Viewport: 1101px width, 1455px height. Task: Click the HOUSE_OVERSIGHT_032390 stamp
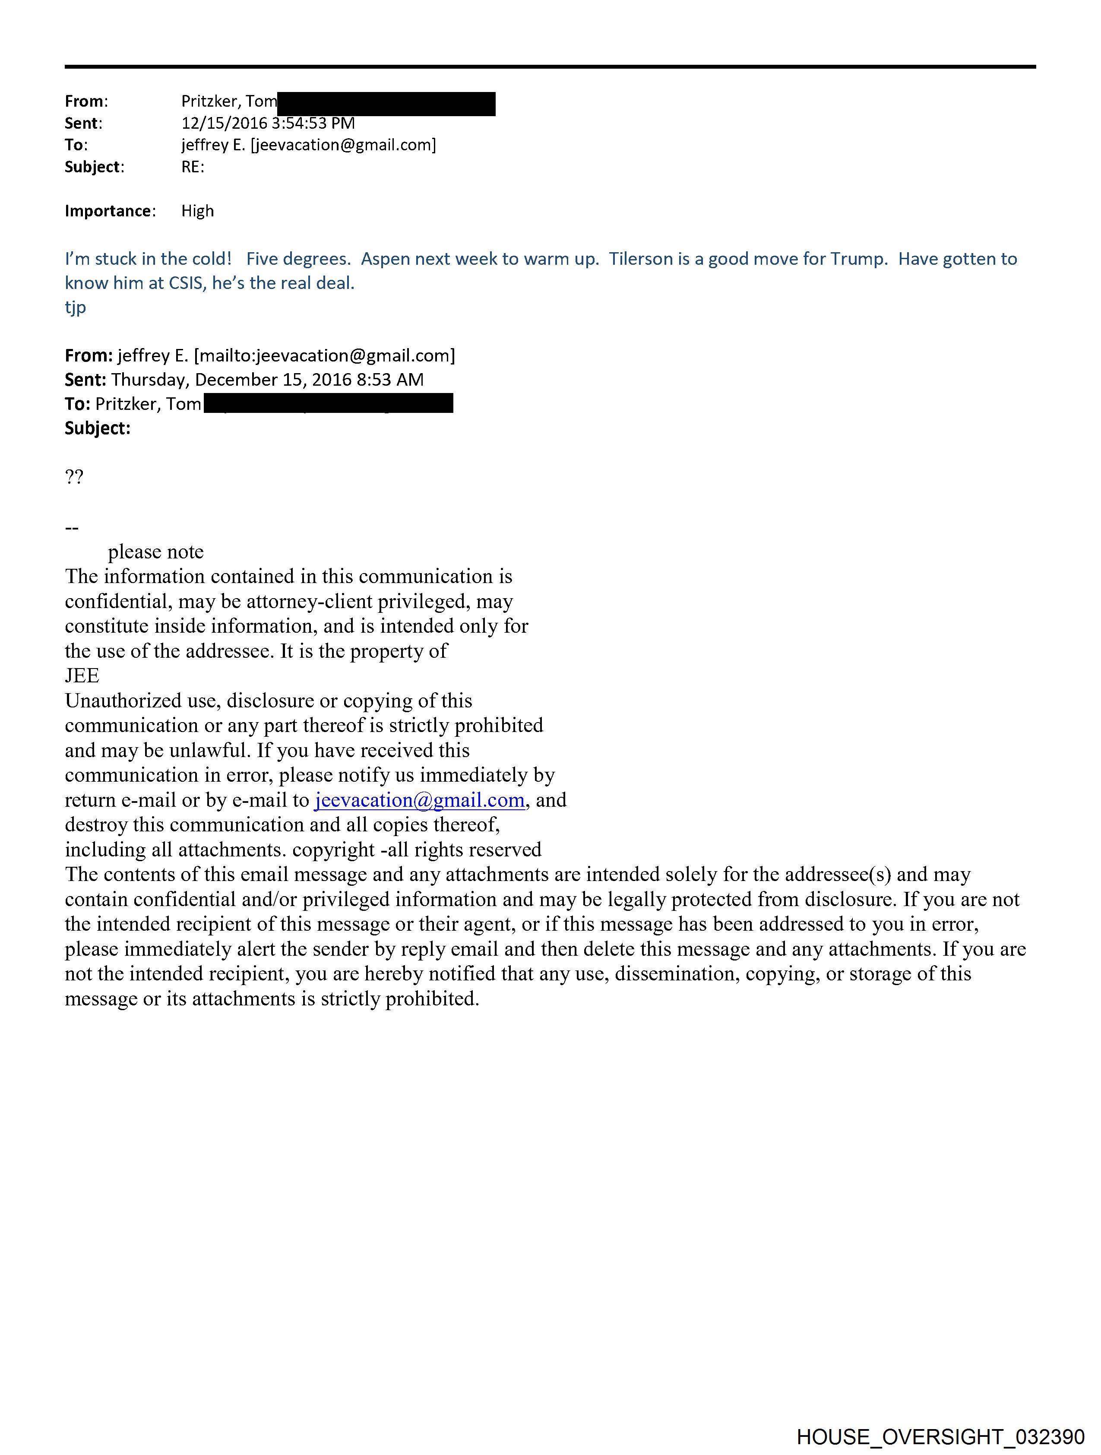(x=940, y=1436)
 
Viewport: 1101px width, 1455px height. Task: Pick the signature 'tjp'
(x=75, y=307)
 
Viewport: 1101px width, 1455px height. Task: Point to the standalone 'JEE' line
(x=82, y=675)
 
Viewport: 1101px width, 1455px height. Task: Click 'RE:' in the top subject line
(x=193, y=167)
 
